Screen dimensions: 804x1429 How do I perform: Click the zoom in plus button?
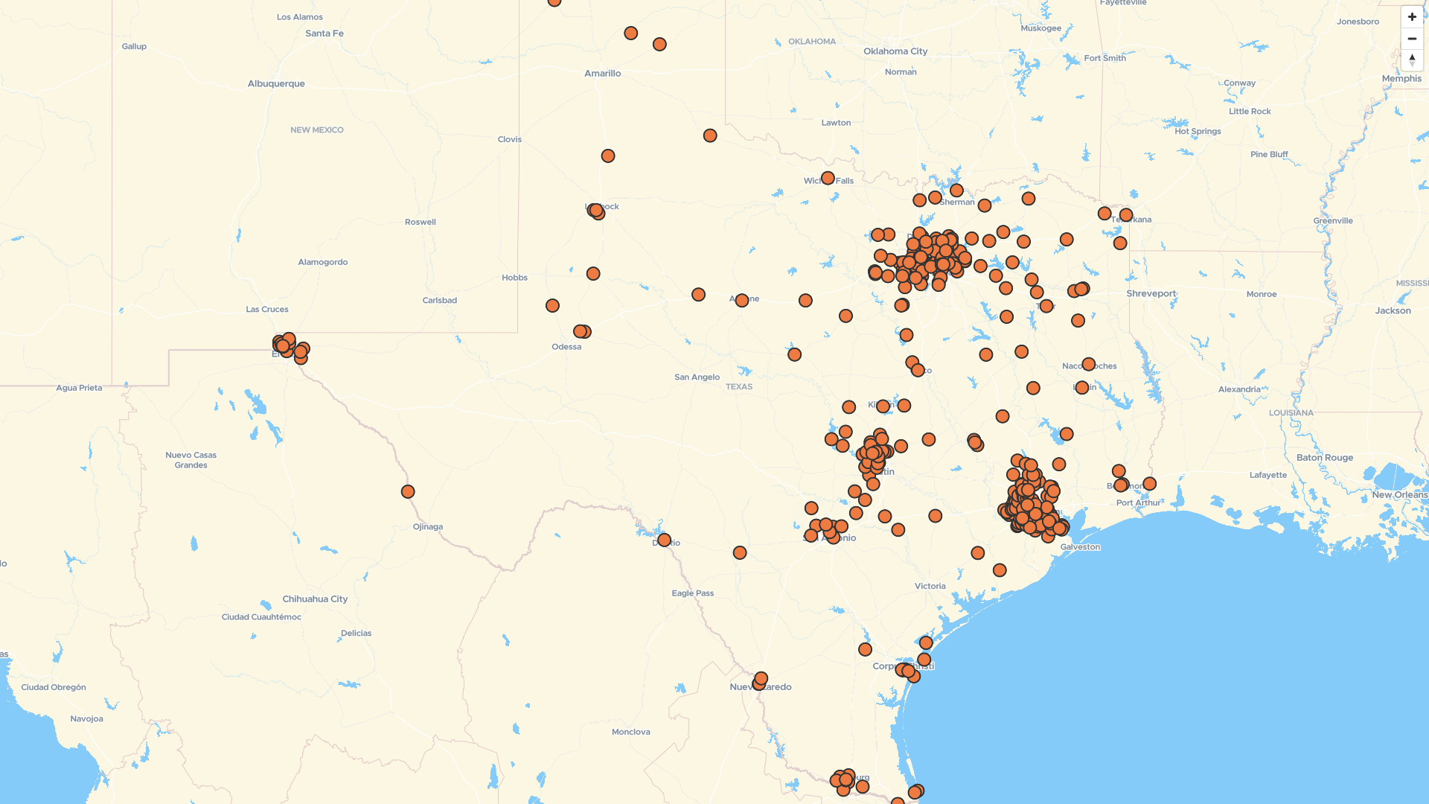1412,16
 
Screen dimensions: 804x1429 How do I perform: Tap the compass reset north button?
1412,60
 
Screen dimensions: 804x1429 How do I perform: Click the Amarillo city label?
602,73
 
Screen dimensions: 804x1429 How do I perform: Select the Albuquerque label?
276,83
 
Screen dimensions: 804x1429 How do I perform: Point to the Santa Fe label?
325,33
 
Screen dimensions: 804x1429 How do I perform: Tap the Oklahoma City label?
895,51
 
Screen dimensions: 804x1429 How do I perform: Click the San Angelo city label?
697,377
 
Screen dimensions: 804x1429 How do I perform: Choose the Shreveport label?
1151,293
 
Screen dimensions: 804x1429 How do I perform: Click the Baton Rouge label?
1324,457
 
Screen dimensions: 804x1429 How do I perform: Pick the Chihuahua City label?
315,599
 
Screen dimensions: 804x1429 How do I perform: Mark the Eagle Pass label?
692,593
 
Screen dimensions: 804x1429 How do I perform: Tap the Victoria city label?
930,586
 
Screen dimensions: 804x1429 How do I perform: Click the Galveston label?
1080,546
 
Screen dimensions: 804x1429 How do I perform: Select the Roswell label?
421,222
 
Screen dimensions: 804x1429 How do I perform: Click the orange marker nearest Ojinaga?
408,491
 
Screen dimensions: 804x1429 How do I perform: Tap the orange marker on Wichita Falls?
828,178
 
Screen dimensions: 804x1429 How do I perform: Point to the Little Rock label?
1250,111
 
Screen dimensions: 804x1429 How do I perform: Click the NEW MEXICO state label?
316,130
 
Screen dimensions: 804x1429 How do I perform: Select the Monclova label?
630,732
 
